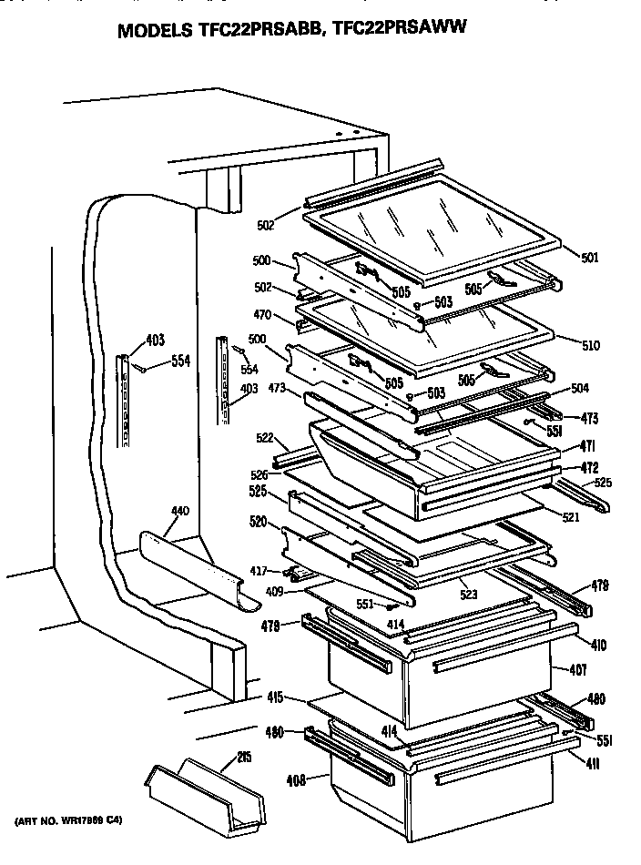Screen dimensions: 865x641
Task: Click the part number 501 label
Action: (591, 258)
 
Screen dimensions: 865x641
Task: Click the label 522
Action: (266, 439)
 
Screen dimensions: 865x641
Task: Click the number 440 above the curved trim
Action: (179, 512)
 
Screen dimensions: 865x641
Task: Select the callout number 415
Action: (275, 698)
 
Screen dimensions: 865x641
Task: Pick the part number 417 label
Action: (260, 571)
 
